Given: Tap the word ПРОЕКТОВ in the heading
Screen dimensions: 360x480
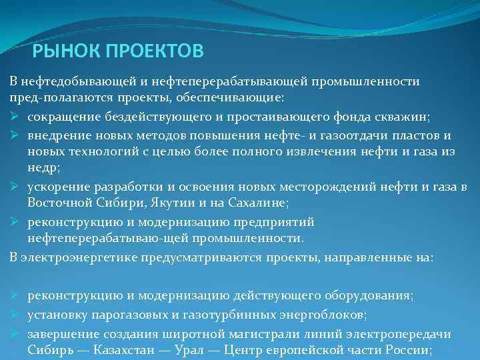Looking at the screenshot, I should pos(153,51).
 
